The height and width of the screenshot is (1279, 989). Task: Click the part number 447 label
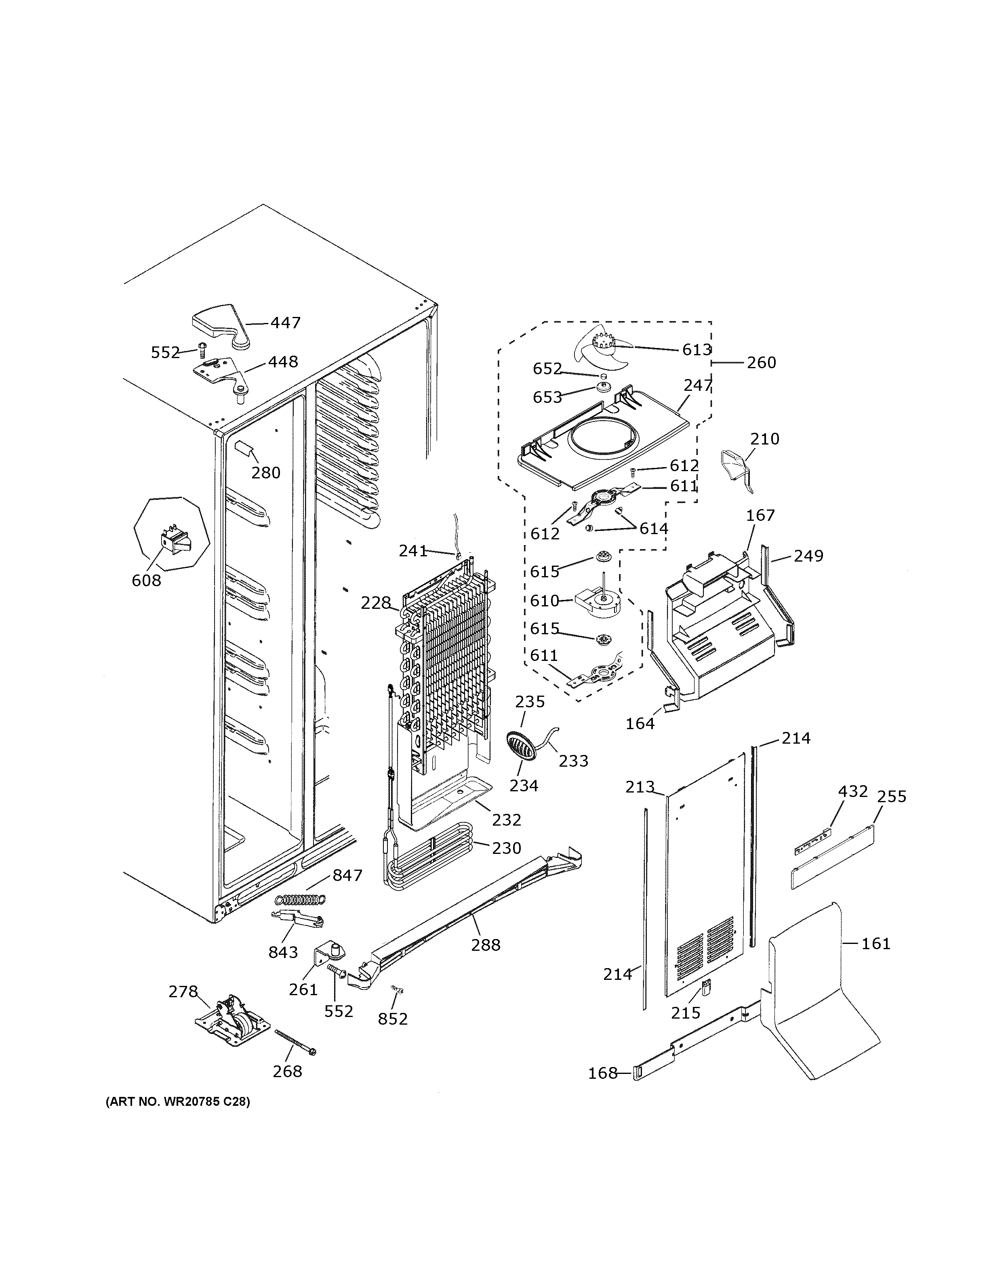point(285,323)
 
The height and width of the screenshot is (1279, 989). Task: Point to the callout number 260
point(761,363)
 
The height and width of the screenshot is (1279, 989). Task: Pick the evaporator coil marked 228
point(448,656)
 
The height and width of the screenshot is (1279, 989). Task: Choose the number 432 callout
point(852,791)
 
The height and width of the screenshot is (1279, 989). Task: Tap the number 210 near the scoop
point(765,438)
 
